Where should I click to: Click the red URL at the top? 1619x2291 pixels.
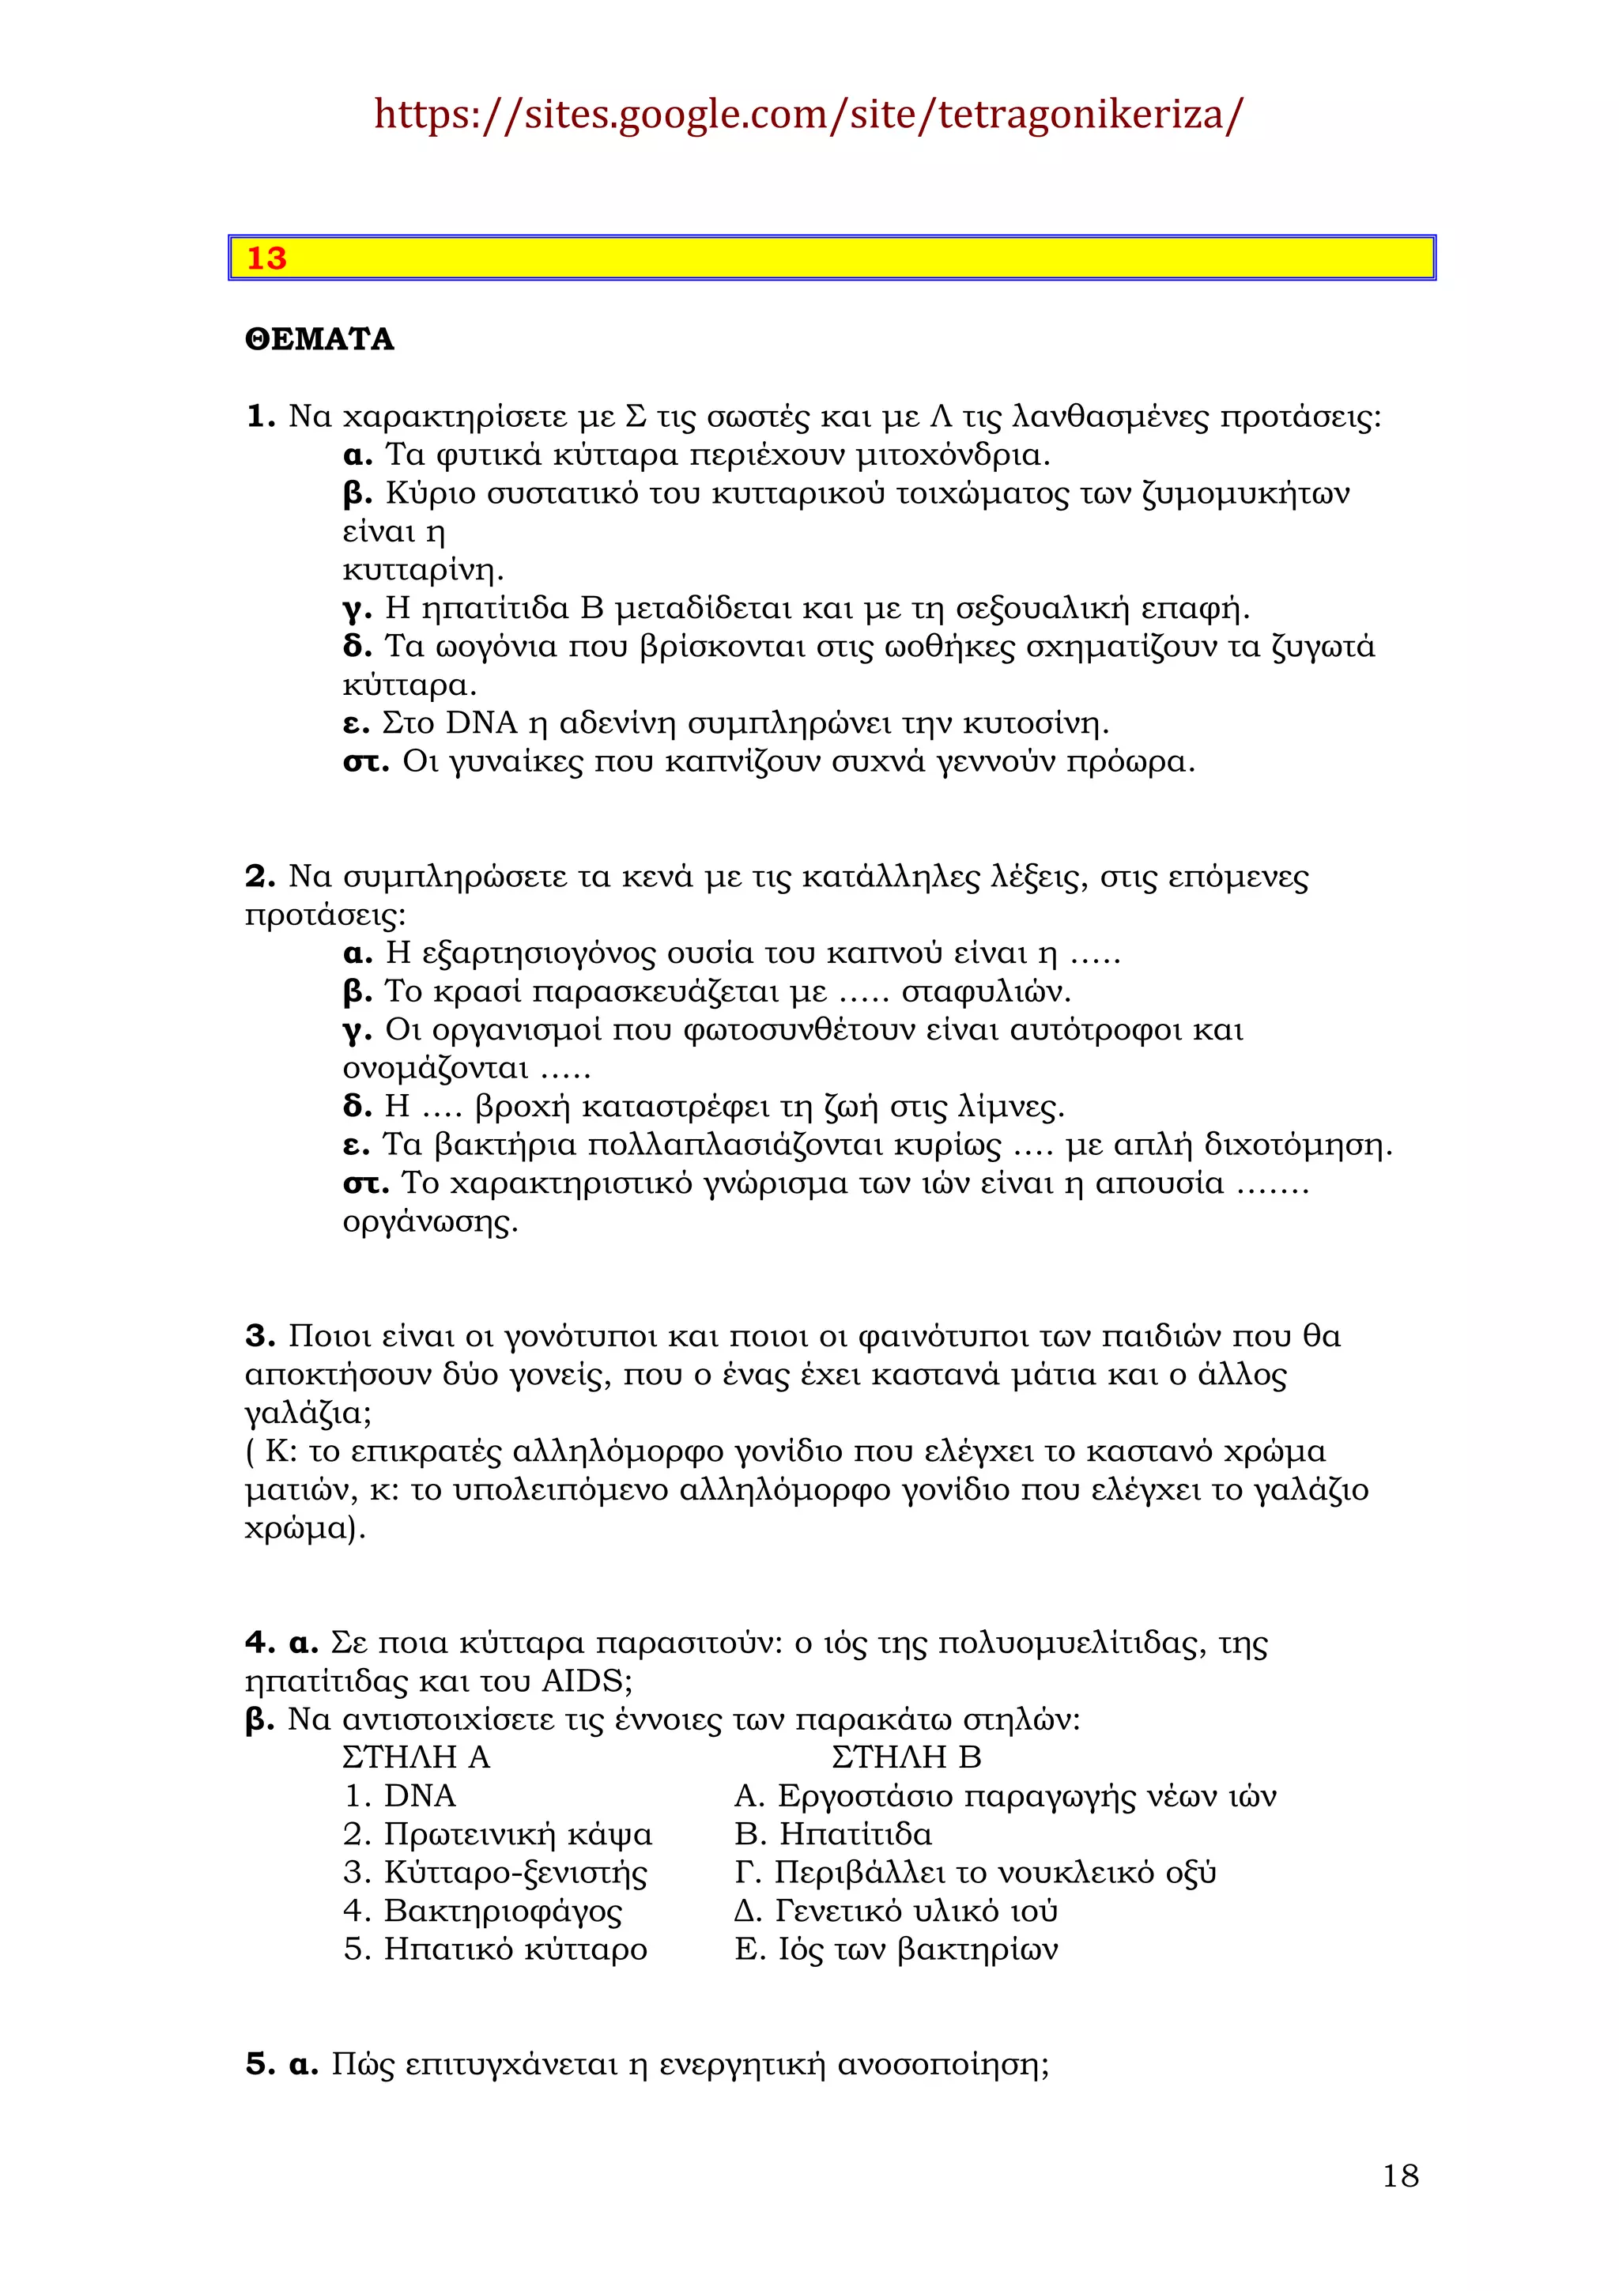pyautogui.click(x=808, y=115)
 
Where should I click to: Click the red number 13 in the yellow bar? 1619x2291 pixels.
pyautogui.click(x=266, y=259)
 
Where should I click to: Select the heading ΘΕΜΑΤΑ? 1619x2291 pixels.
pyautogui.click(x=319, y=339)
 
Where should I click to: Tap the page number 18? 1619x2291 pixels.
pyautogui.click(x=1399, y=2176)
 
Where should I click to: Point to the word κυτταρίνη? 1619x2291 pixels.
pyautogui.click(x=422, y=571)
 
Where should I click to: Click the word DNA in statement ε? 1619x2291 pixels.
pyautogui.click(x=481, y=723)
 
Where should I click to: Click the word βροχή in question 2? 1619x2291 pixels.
pyautogui.click(x=522, y=1106)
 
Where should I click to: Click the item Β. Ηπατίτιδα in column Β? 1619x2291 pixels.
pyautogui.click(x=833, y=1833)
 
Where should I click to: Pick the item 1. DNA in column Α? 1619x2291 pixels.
pyautogui.click(x=400, y=1795)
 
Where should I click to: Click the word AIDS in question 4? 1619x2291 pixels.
pyautogui.click(x=586, y=1681)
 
